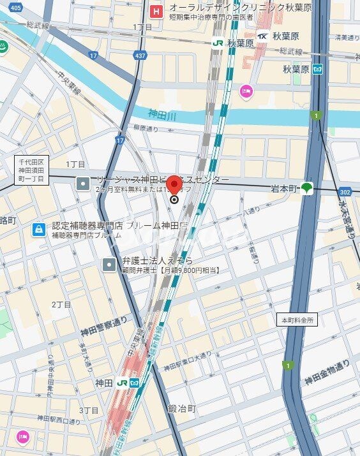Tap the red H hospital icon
click(x=156, y=11)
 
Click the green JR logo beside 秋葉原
click(x=218, y=43)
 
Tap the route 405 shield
click(x=15, y=7)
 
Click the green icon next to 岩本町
click(x=308, y=188)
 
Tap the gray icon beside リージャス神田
click(x=83, y=184)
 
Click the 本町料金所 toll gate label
click(x=297, y=320)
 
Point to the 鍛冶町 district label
click(x=181, y=408)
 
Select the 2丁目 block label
click(x=62, y=304)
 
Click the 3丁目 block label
click(x=89, y=410)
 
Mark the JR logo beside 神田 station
click(x=123, y=383)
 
